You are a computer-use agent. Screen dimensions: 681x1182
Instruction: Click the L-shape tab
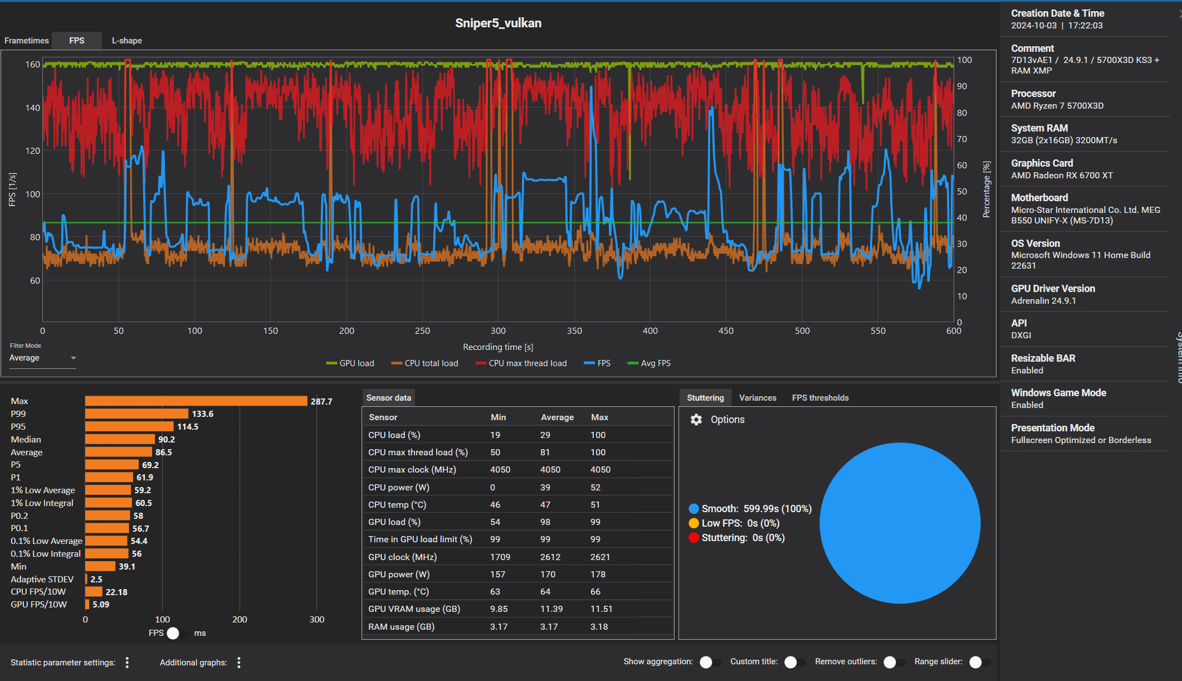pos(126,41)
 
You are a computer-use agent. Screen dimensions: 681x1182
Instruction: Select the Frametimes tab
pos(27,41)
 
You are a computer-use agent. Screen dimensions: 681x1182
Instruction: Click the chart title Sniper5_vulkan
pos(498,23)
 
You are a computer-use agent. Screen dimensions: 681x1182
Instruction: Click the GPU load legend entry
pos(351,363)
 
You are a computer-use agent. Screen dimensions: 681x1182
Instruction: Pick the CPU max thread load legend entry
pos(521,363)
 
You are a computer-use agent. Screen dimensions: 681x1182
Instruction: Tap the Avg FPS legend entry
pos(649,363)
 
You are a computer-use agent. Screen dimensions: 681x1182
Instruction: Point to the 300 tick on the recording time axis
pos(498,331)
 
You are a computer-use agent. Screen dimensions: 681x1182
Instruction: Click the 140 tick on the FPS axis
pos(32,108)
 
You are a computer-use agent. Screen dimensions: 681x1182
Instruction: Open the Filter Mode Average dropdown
pos(42,358)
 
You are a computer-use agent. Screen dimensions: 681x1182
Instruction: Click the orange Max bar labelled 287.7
pos(196,401)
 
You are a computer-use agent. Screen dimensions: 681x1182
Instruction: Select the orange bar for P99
pos(136,414)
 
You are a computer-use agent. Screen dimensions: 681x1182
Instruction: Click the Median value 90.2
pos(167,440)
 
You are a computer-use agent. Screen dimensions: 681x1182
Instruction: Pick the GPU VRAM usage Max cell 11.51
pos(601,609)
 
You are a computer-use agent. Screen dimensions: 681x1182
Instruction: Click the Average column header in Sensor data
pos(557,417)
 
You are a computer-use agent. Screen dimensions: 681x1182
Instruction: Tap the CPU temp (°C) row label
pos(397,505)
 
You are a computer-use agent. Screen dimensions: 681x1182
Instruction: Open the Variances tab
pos(757,398)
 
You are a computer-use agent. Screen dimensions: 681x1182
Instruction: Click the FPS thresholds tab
pos(820,398)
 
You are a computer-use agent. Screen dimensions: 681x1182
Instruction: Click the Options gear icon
pos(696,420)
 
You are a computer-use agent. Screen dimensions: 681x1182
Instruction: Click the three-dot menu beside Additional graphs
pos(239,663)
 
